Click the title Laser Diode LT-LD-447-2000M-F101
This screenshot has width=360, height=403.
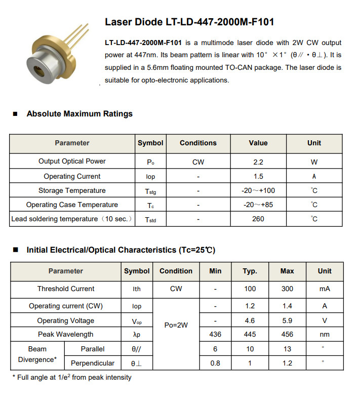(x=189, y=22)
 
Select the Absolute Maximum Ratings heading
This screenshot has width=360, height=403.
(x=79, y=114)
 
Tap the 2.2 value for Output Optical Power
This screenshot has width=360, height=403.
(x=258, y=162)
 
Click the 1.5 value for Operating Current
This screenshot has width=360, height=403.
(x=258, y=176)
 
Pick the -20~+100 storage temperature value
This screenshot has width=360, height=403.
(x=258, y=190)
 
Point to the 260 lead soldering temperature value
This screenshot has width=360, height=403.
(x=258, y=219)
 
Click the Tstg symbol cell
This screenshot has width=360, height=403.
(x=150, y=191)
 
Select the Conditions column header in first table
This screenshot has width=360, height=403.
(x=198, y=143)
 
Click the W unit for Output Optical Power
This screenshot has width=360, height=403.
(x=314, y=162)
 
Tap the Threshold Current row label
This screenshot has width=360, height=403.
(x=66, y=289)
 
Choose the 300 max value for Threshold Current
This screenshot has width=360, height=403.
(x=287, y=289)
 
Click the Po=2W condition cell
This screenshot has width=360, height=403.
(x=176, y=325)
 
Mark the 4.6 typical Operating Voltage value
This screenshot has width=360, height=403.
(x=250, y=320)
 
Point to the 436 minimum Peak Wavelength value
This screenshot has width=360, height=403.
(x=215, y=334)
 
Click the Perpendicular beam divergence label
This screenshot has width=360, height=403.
(x=93, y=363)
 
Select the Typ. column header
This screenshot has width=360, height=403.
(x=250, y=271)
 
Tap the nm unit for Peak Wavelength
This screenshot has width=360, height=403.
(x=325, y=334)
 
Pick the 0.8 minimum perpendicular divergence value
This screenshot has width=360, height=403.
(x=215, y=363)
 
